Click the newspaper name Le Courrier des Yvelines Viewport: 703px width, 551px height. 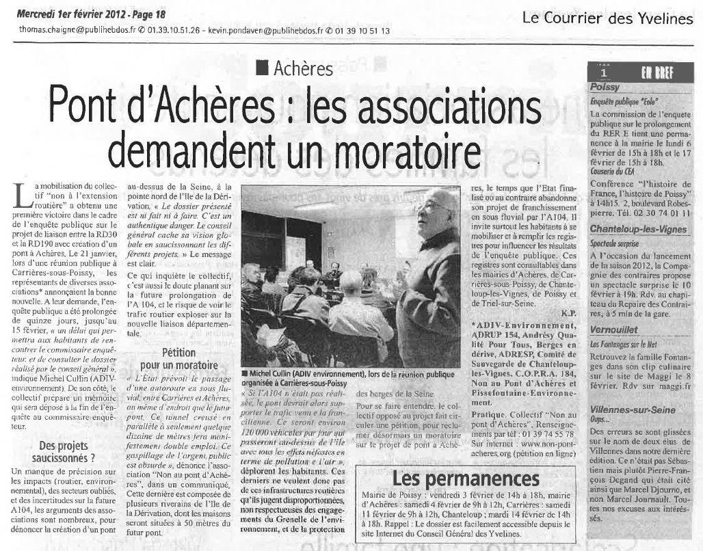pyautogui.click(x=607, y=18)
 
